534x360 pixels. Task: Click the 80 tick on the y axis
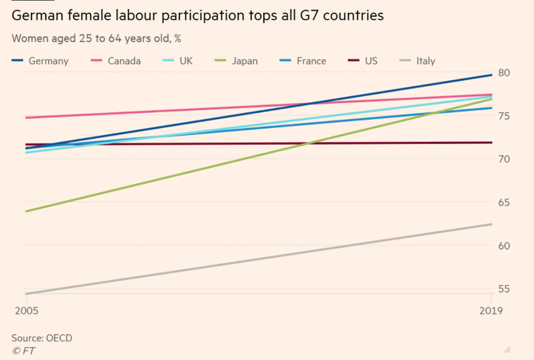pos(503,72)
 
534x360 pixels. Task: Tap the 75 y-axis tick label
pos(503,116)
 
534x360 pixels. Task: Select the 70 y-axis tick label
pos(503,159)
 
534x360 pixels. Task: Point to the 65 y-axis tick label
pos(503,202)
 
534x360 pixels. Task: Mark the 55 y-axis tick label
pos(503,289)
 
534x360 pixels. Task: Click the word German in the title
pos(38,14)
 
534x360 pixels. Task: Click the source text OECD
pos(60,338)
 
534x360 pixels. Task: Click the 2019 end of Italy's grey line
pos(491,224)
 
